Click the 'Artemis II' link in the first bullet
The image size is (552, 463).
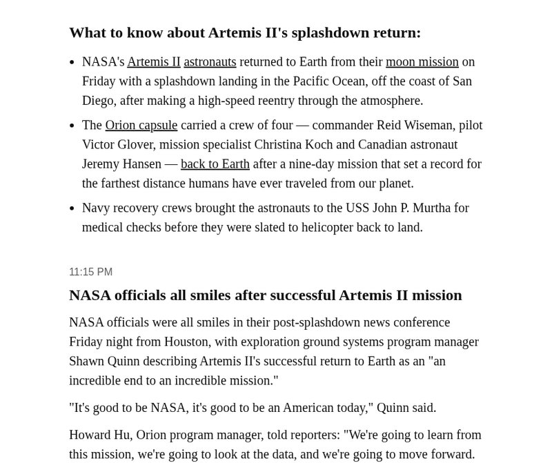point(154,61)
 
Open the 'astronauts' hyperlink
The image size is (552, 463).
point(210,61)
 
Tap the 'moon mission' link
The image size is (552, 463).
point(422,61)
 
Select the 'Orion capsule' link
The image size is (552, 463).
point(141,125)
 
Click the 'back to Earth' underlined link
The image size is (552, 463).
point(215,164)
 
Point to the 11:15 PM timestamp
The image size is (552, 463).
point(90,272)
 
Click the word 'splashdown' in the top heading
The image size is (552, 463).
point(332,32)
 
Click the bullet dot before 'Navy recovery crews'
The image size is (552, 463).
point(72,208)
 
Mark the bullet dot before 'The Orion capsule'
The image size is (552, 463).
point(72,126)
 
